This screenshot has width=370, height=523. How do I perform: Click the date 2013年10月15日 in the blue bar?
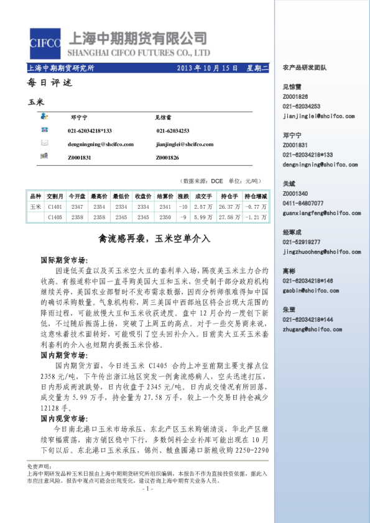(x=208, y=68)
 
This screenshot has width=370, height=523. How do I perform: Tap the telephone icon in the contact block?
(x=44, y=130)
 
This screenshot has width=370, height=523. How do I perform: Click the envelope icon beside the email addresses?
(x=44, y=143)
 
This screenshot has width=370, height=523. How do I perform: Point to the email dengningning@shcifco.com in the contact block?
(x=100, y=144)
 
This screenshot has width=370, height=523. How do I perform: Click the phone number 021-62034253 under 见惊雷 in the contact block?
(x=172, y=130)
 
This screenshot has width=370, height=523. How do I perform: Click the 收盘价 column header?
(x=143, y=196)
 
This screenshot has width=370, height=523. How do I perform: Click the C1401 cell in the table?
(x=55, y=206)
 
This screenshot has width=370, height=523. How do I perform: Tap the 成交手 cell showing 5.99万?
(x=203, y=217)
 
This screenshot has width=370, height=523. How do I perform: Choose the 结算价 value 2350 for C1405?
(x=165, y=217)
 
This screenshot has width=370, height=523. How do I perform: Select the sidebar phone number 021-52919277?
(x=301, y=242)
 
